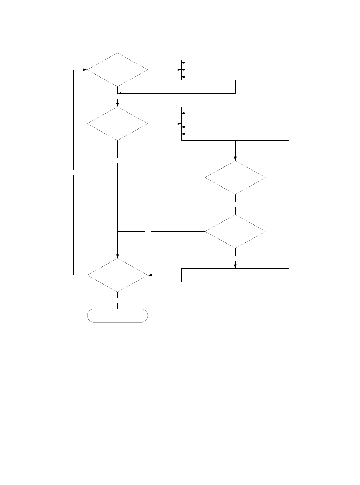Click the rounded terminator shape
click(117, 316)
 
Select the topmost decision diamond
click(117, 69)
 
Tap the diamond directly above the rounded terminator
click(117, 275)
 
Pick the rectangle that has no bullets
click(235, 275)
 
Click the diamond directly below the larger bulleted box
click(235, 178)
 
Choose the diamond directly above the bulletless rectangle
click(235, 232)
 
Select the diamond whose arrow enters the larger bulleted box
click(117, 124)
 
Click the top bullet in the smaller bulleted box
click(184, 63)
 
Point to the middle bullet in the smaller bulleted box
click(184, 69)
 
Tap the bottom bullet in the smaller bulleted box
click(184, 77)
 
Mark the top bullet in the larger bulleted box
click(184, 113)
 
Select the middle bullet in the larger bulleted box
click(184, 127)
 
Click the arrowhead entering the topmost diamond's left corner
click(85, 69)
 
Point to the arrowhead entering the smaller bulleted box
click(179, 69)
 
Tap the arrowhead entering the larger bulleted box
click(179, 124)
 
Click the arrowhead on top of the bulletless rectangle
click(235, 266)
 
